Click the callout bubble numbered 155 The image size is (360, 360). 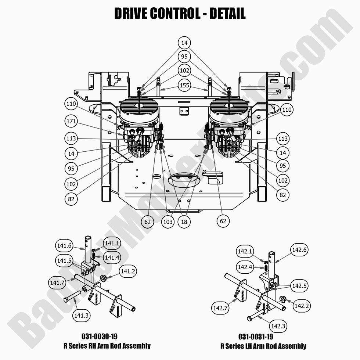click(184, 85)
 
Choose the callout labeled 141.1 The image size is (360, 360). click(112, 243)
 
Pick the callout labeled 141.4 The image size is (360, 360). click(112, 258)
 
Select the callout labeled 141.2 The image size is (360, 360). click(127, 272)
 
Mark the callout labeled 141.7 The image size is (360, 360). click(57, 283)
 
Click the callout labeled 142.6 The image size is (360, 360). click(299, 250)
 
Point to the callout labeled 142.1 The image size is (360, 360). click(245, 252)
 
